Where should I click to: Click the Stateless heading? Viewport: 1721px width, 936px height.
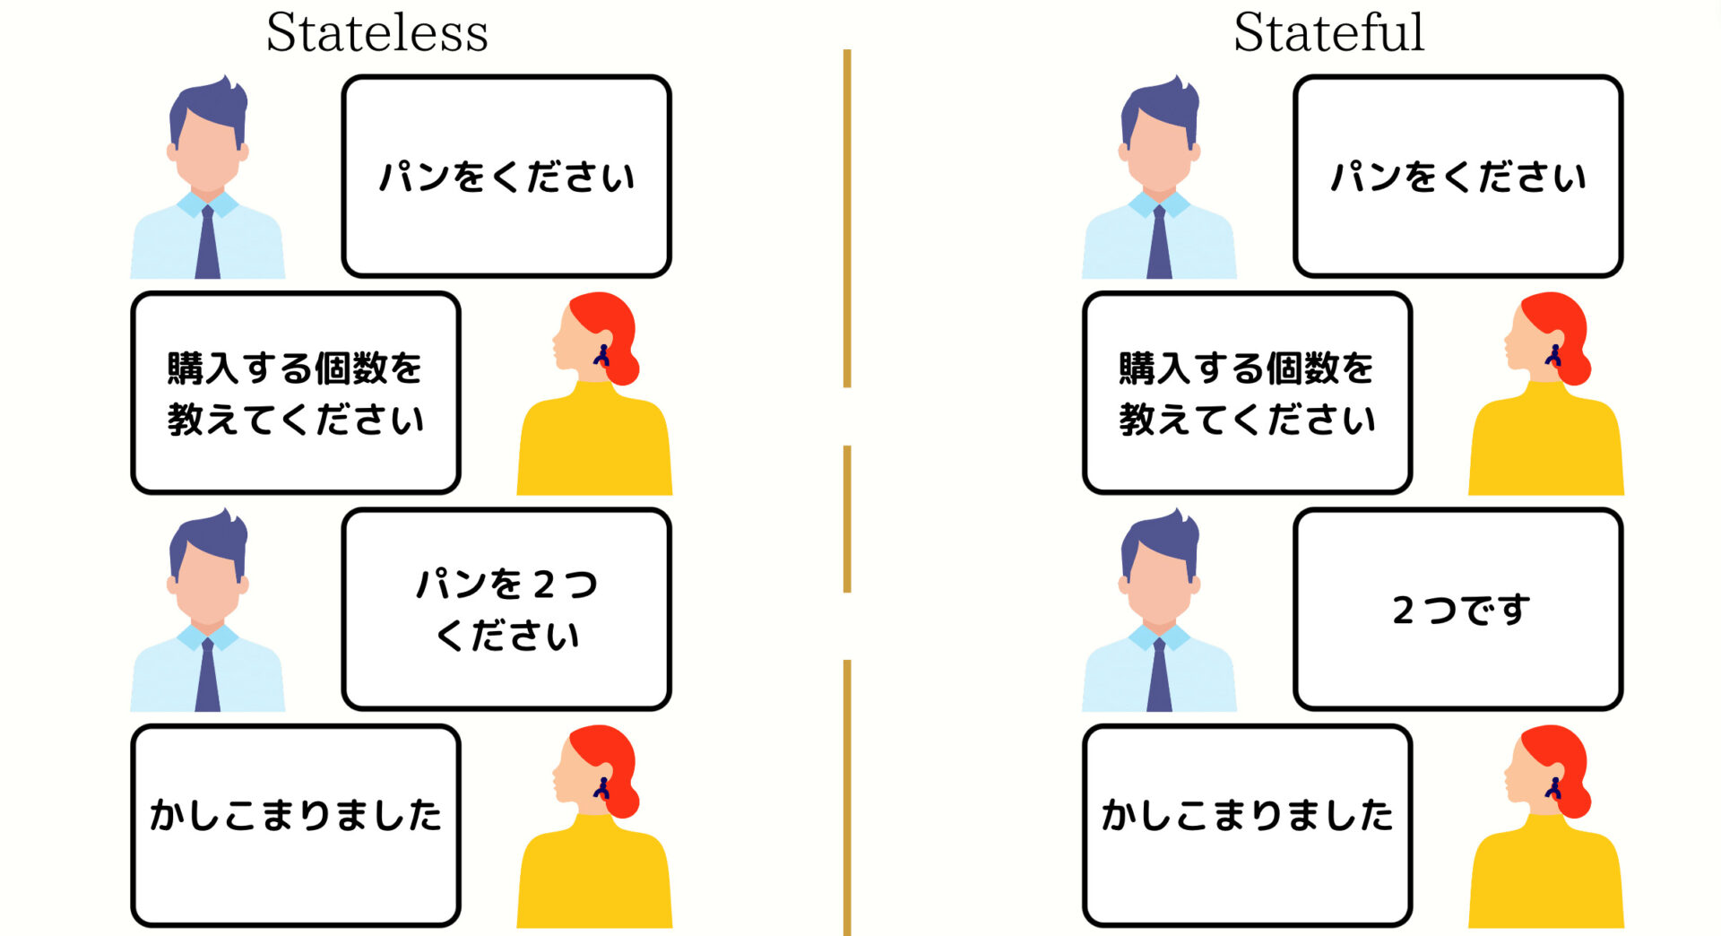click(x=376, y=33)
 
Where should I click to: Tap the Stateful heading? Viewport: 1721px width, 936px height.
click(x=1328, y=33)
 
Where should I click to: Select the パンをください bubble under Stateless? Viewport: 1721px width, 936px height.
click(x=506, y=177)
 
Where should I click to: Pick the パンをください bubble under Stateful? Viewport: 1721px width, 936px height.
click(x=1458, y=177)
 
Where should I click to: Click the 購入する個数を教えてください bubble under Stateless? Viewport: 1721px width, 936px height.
click(x=296, y=393)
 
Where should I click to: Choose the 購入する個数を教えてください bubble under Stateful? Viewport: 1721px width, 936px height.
click(x=1248, y=393)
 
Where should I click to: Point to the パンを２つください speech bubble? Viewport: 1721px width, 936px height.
click(x=506, y=610)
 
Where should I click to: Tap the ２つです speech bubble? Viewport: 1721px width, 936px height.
click(x=1458, y=610)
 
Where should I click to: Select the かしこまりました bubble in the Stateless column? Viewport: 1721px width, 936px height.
click(x=296, y=826)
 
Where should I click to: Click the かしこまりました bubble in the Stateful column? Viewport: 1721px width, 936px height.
click(x=1248, y=826)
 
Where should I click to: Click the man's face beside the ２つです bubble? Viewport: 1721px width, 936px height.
click(x=1159, y=583)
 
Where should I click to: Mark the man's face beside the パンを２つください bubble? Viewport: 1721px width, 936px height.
click(x=207, y=583)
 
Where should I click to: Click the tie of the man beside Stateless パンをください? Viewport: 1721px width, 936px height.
click(x=208, y=242)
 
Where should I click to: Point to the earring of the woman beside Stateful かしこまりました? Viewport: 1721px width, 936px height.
click(x=1553, y=788)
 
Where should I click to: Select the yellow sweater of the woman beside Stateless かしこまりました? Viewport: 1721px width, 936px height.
click(x=594, y=874)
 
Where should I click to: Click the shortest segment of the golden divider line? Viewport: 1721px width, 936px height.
click(x=847, y=519)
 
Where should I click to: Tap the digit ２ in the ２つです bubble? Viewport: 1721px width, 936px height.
click(x=1404, y=611)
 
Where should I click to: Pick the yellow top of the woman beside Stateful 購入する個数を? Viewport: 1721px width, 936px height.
click(x=1546, y=441)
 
